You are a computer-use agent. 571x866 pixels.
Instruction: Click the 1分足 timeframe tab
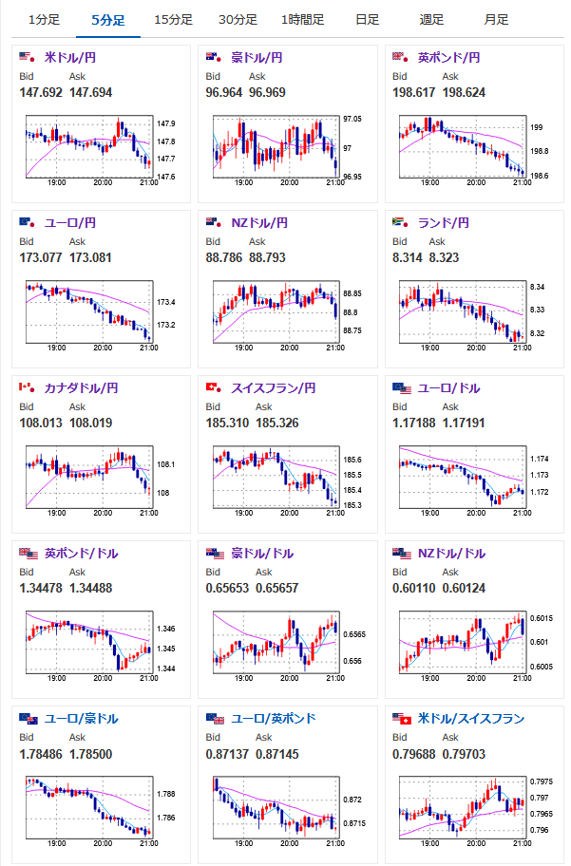coord(45,19)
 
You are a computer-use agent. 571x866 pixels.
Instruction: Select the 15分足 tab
coord(173,19)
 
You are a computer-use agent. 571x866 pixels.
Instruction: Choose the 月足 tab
coord(495,19)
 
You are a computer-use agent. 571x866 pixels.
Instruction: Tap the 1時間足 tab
coord(302,19)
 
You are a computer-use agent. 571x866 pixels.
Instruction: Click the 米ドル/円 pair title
coord(69,58)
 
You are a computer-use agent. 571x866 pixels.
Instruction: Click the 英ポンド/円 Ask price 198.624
coord(465,92)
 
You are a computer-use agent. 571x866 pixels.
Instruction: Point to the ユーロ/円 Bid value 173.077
coord(41,257)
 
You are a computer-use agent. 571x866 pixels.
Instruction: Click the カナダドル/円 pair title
coord(81,388)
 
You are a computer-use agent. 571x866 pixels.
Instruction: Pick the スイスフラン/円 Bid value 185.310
coord(227,423)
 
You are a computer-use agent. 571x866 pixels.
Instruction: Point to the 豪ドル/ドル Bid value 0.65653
coord(227,588)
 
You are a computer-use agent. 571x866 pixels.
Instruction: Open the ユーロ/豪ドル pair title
coord(77,719)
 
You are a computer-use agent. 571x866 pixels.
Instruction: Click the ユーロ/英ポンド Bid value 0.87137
coord(227,753)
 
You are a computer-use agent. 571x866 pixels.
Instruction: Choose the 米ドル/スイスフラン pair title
coord(470,719)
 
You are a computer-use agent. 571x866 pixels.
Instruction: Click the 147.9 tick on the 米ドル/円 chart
coord(165,124)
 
